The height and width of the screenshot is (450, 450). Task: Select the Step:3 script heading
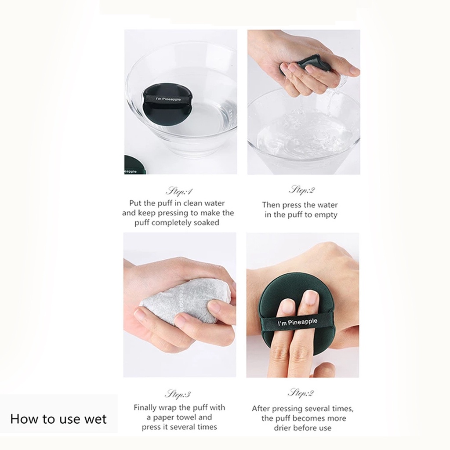pos(178,394)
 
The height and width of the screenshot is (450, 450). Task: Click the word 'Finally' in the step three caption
pos(145,408)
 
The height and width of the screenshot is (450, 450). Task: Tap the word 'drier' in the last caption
pos(283,428)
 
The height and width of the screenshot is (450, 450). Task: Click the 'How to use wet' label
pos(58,419)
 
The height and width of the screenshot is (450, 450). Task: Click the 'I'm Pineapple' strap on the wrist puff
pos(298,322)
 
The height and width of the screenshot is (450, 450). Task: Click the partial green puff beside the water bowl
pos(134,165)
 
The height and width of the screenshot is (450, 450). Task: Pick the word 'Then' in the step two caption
pos(271,205)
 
